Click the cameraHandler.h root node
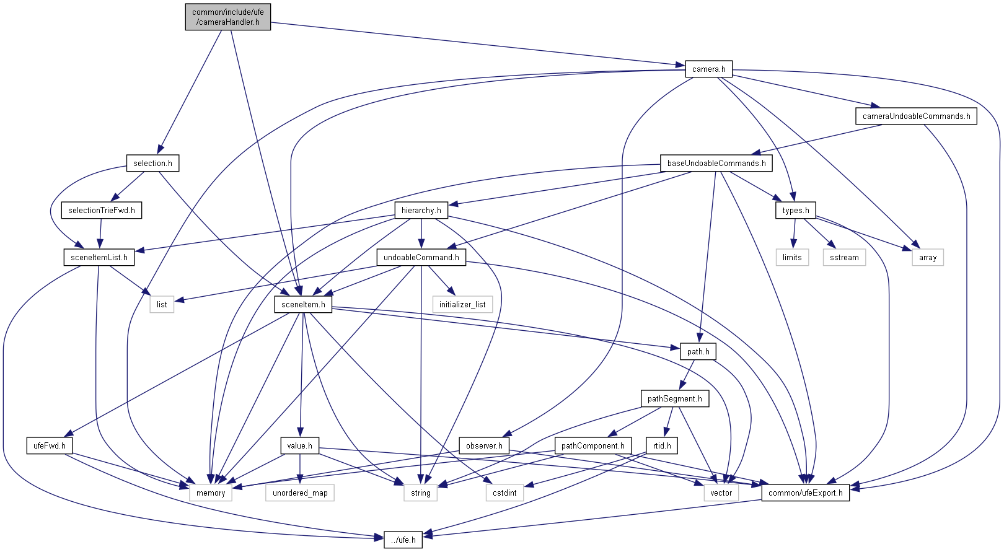228,17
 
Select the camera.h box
708,69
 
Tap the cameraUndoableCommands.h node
916,116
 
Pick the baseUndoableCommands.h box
716,163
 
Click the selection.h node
152,163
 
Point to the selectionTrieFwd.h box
102,210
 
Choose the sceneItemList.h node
99,257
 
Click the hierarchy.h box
421,210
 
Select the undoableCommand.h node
421,257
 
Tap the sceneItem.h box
303,304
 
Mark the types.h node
795,210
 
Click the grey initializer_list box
462,304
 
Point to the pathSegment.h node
674,398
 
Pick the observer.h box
484,445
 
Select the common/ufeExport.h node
805,493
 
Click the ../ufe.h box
403,540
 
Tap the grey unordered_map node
300,493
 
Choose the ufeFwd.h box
50,445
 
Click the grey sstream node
844,257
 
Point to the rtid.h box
662,445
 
